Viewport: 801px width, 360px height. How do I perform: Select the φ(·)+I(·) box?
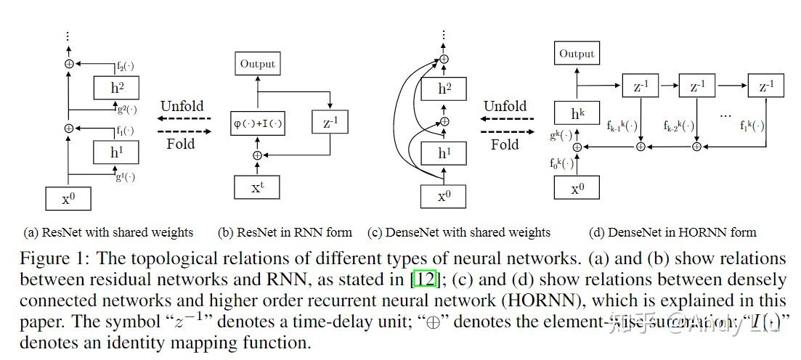coord(257,123)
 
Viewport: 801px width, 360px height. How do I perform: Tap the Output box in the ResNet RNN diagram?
coord(258,64)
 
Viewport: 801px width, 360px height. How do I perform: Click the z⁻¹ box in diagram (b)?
coord(330,123)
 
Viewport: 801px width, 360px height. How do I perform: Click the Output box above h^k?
coord(577,54)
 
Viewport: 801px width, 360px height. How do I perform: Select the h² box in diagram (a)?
coord(115,89)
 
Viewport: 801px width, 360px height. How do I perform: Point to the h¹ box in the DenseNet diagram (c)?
coord(444,153)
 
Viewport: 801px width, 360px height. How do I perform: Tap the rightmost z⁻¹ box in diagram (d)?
coord(766,86)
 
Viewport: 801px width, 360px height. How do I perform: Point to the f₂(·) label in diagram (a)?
coord(126,67)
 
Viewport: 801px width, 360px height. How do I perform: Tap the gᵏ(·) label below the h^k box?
coord(561,134)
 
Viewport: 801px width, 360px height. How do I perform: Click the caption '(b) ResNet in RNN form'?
coord(285,233)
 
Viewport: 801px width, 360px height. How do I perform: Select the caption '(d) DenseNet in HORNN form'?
coord(672,233)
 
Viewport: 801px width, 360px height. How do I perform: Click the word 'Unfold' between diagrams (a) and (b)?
coord(182,106)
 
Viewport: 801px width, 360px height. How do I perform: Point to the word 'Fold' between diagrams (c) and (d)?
coord(505,144)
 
